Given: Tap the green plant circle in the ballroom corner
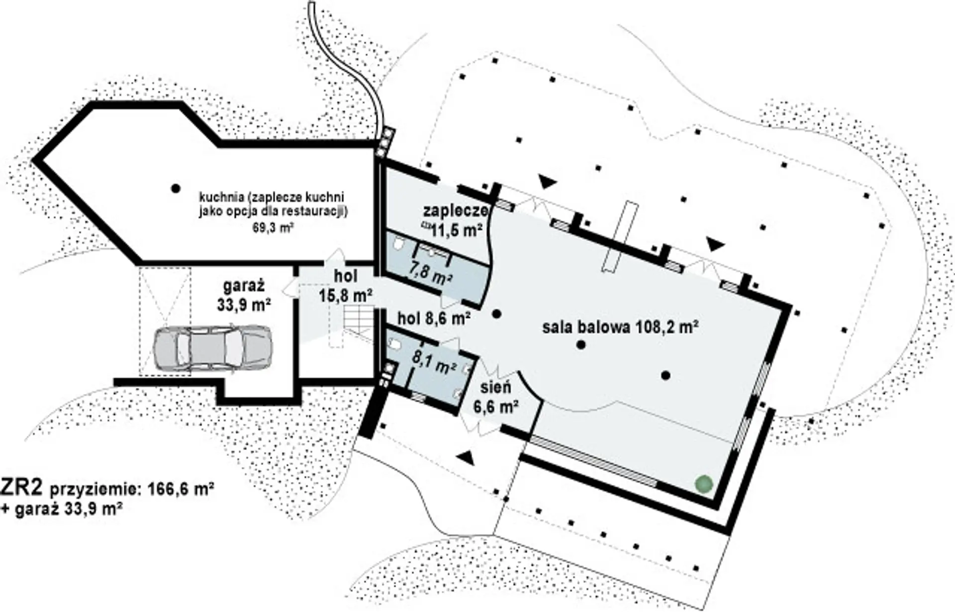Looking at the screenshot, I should (704, 483).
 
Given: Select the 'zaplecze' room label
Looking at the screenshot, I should (455, 210).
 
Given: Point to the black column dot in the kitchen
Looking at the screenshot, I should (175, 188).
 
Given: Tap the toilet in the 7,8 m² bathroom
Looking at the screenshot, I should (398, 244).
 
